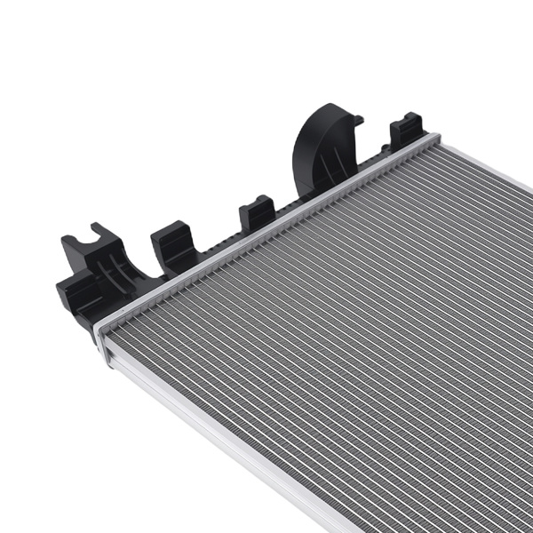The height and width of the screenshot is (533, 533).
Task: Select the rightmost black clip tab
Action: (407, 129)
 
